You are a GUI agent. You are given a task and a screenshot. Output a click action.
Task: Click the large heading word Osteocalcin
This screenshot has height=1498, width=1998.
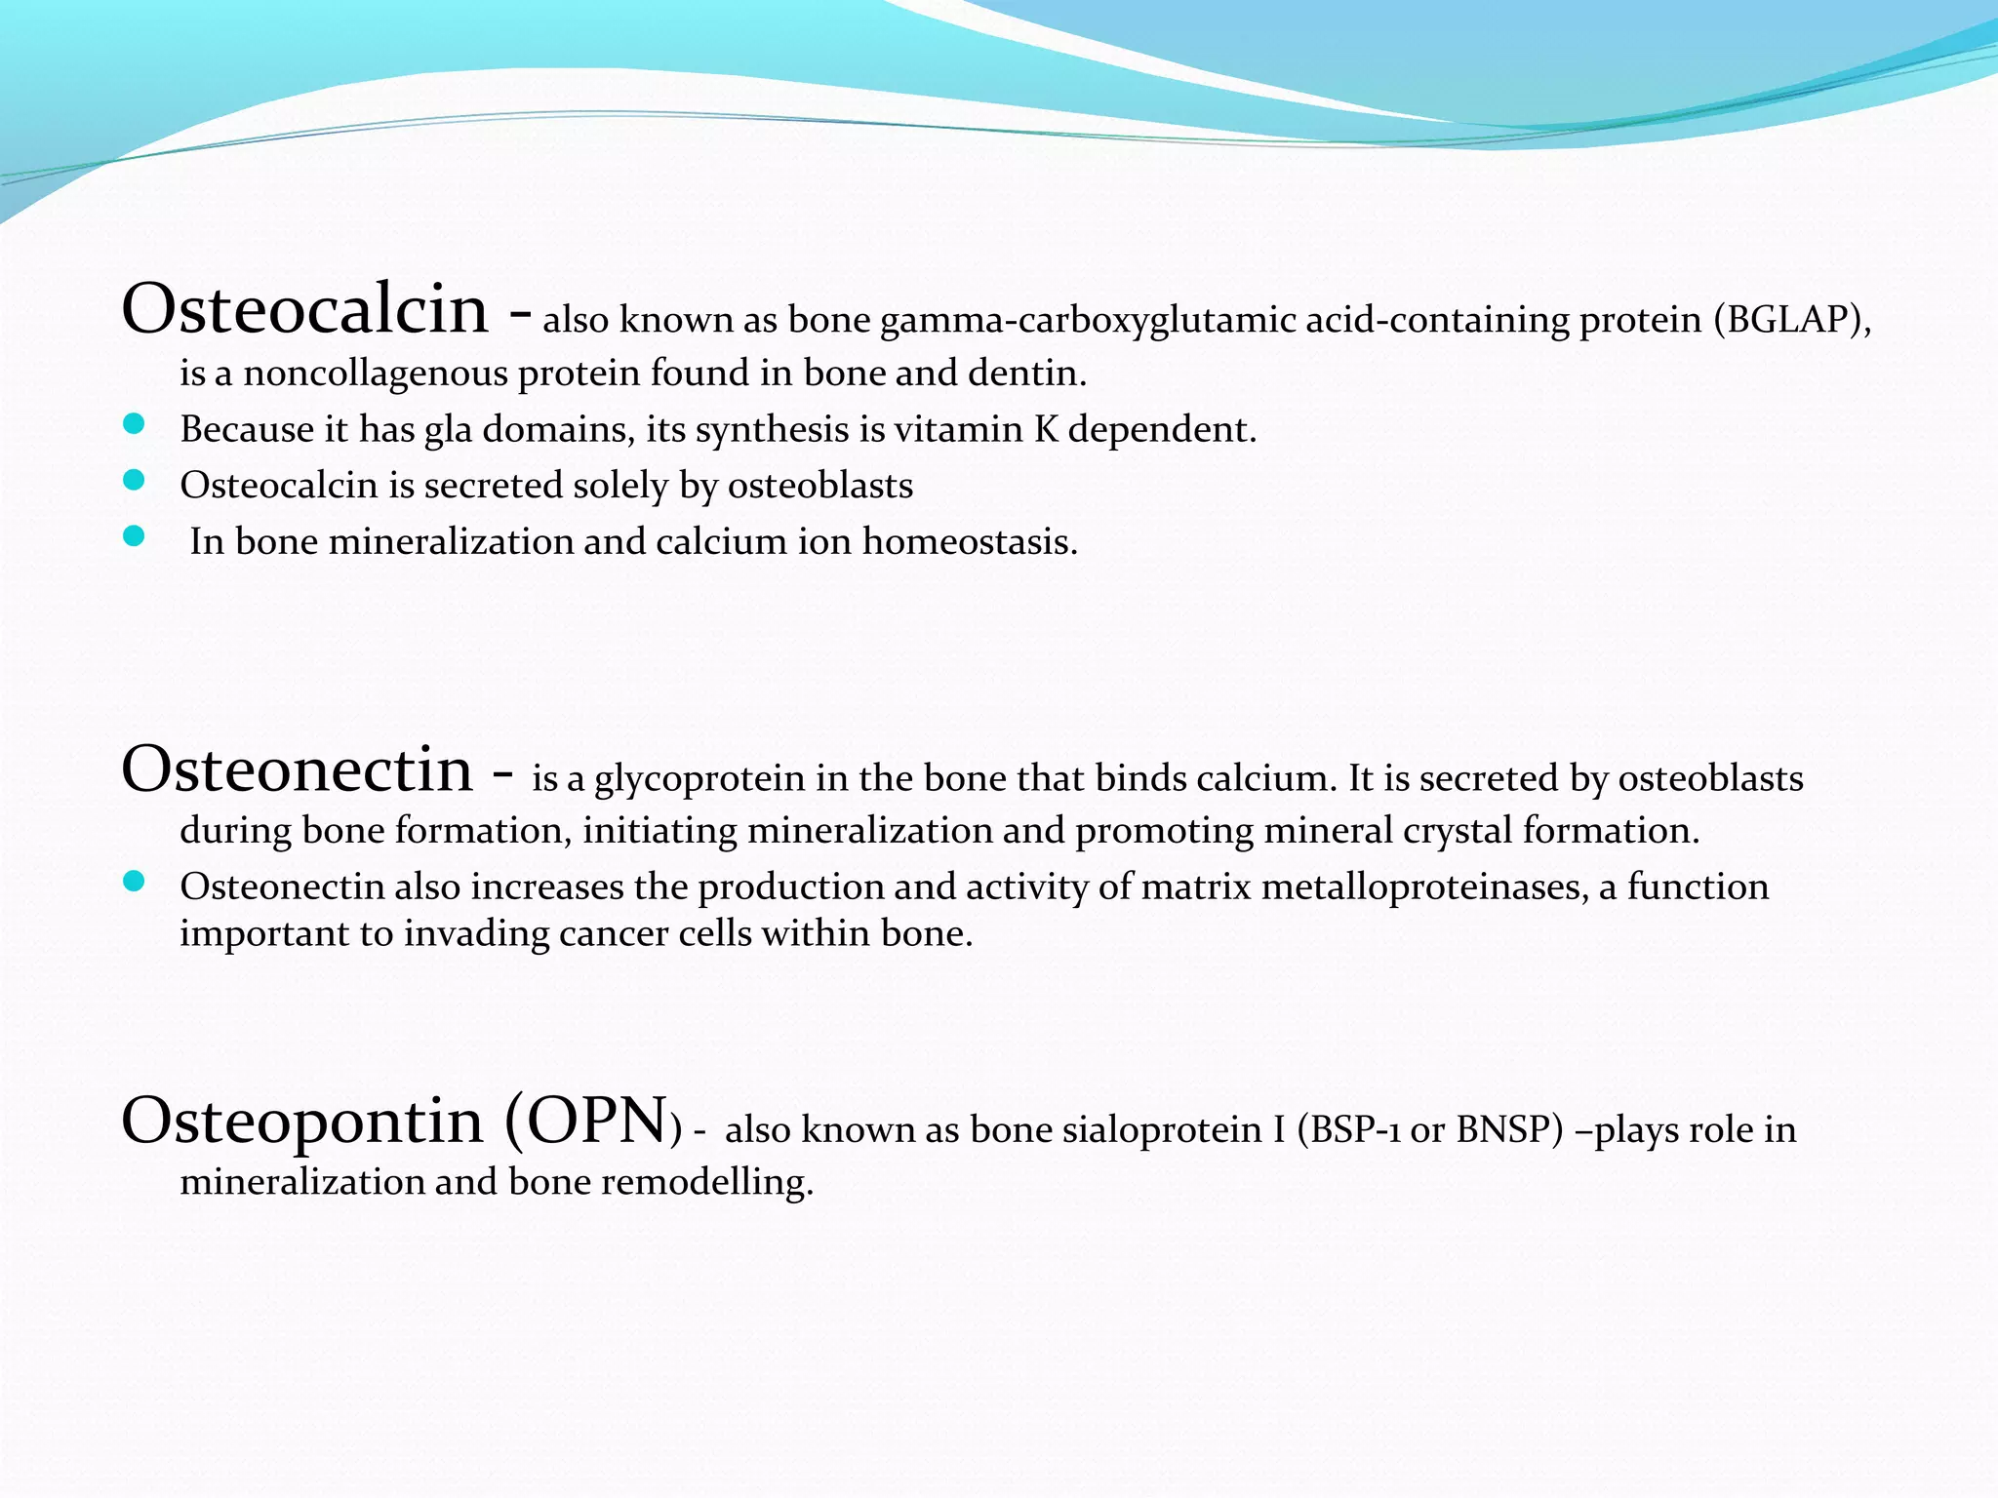(304, 310)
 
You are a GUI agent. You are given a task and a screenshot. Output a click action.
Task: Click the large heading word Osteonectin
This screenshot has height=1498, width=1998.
(297, 769)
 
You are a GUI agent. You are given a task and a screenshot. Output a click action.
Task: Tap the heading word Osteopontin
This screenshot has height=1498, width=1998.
(302, 1122)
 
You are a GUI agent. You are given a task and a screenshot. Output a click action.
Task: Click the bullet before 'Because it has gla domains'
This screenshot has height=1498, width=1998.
(135, 424)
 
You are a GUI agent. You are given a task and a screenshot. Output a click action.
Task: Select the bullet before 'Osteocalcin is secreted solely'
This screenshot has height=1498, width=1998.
(135, 480)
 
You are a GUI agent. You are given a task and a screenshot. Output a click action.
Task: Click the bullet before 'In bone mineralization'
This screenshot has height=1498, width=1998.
(135, 536)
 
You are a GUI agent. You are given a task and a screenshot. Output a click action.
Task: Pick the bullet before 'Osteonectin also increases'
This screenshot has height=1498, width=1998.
(135, 882)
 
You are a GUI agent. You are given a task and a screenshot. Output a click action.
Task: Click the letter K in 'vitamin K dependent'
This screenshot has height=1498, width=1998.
(1046, 429)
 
